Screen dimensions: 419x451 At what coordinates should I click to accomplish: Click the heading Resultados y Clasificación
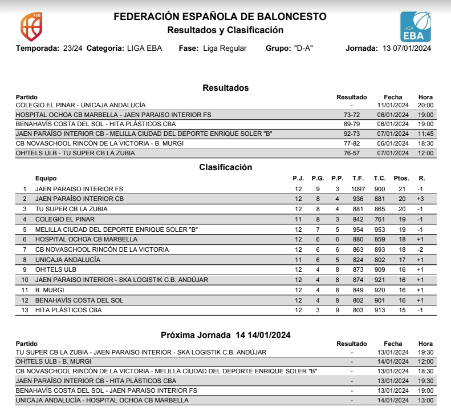(x=225, y=30)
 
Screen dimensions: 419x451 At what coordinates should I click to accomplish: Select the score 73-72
(x=352, y=115)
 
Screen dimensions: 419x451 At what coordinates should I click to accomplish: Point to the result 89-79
(x=352, y=124)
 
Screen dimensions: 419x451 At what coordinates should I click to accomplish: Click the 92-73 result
(x=352, y=134)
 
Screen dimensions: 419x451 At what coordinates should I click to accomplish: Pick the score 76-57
(x=352, y=153)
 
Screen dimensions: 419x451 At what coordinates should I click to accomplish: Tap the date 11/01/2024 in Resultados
(x=393, y=105)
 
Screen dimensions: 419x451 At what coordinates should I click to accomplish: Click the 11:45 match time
(x=425, y=134)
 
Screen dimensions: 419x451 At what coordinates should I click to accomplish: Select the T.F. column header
(x=358, y=179)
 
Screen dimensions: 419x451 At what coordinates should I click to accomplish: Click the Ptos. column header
(x=401, y=179)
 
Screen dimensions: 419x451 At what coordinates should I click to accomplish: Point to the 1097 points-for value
(x=358, y=189)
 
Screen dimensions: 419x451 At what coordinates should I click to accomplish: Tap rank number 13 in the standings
(x=25, y=310)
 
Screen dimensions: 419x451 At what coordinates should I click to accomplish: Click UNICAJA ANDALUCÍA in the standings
(x=67, y=260)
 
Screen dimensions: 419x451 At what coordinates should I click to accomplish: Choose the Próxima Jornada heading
(x=225, y=335)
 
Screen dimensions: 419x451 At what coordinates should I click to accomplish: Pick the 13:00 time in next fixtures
(x=425, y=401)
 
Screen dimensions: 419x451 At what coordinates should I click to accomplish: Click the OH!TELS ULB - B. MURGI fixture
(x=54, y=361)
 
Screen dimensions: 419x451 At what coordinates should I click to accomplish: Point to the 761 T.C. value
(x=380, y=219)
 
